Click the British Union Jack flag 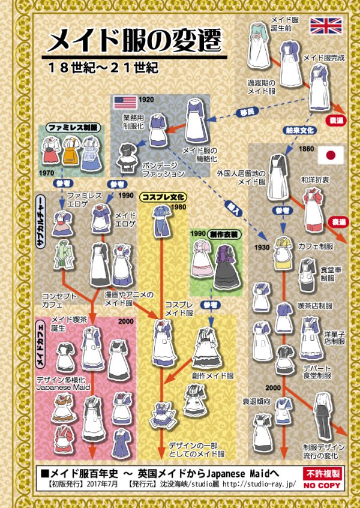click(x=326, y=26)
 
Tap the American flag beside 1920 click(x=125, y=102)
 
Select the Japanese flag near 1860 click(x=331, y=155)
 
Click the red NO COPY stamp click(x=324, y=479)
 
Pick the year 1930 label click(x=261, y=248)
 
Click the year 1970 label click(x=47, y=172)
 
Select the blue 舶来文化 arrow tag click(x=298, y=129)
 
